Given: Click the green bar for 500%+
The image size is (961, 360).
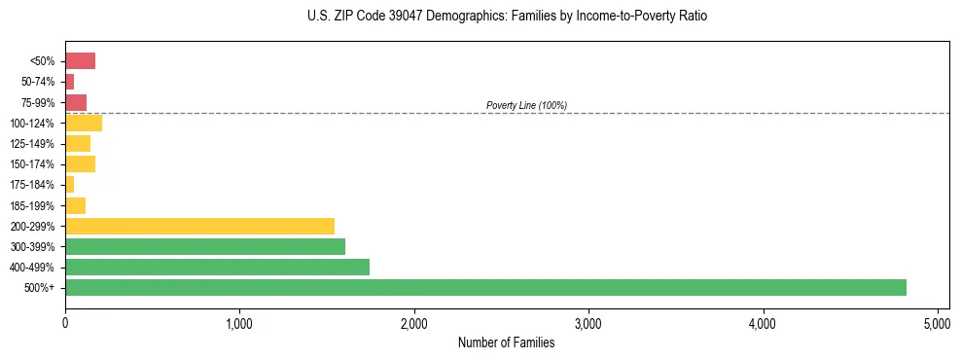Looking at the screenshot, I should tap(485, 287).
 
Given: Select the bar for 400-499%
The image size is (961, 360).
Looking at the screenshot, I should tap(217, 267).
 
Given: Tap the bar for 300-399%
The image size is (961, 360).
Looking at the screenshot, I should tap(205, 246).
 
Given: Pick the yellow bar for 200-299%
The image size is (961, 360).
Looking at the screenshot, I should tap(199, 226).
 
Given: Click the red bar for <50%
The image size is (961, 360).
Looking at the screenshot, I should tap(80, 61).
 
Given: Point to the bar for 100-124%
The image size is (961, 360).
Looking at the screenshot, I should tap(84, 123).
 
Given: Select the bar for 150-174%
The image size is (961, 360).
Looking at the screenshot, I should tap(80, 164).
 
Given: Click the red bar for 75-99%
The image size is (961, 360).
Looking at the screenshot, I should tap(76, 102).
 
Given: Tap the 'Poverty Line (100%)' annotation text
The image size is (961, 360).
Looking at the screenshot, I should tap(526, 105).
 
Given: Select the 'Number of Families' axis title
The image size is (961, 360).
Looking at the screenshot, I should tap(507, 342).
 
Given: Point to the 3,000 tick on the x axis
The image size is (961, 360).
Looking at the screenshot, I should tap(588, 322).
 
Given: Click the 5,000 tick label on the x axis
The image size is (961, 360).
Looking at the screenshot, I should tap(937, 322).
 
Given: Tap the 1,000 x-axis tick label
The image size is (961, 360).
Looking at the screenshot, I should tap(239, 322).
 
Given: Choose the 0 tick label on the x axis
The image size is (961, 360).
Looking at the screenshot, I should tap(65, 322).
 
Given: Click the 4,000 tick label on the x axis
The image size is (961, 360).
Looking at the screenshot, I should tap(763, 322).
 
